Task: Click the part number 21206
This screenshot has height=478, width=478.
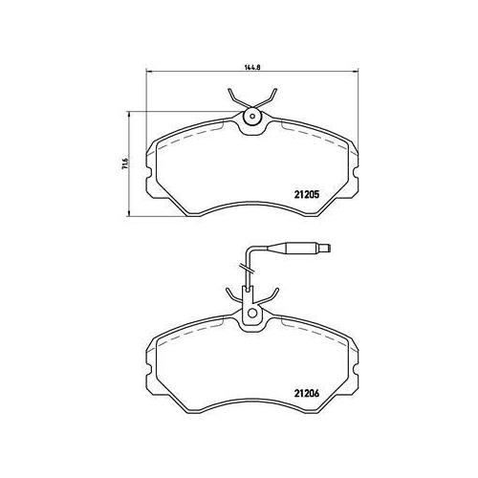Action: tap(305, 392)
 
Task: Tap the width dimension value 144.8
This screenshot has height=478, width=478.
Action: tap(252, 68)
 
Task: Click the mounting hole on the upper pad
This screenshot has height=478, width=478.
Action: tap(253, 119)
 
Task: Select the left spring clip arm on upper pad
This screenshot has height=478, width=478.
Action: tap(235, 99)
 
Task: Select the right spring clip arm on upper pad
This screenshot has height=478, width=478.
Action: tap(272, 99)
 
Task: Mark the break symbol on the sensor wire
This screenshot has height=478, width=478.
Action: tap(247, 277)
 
